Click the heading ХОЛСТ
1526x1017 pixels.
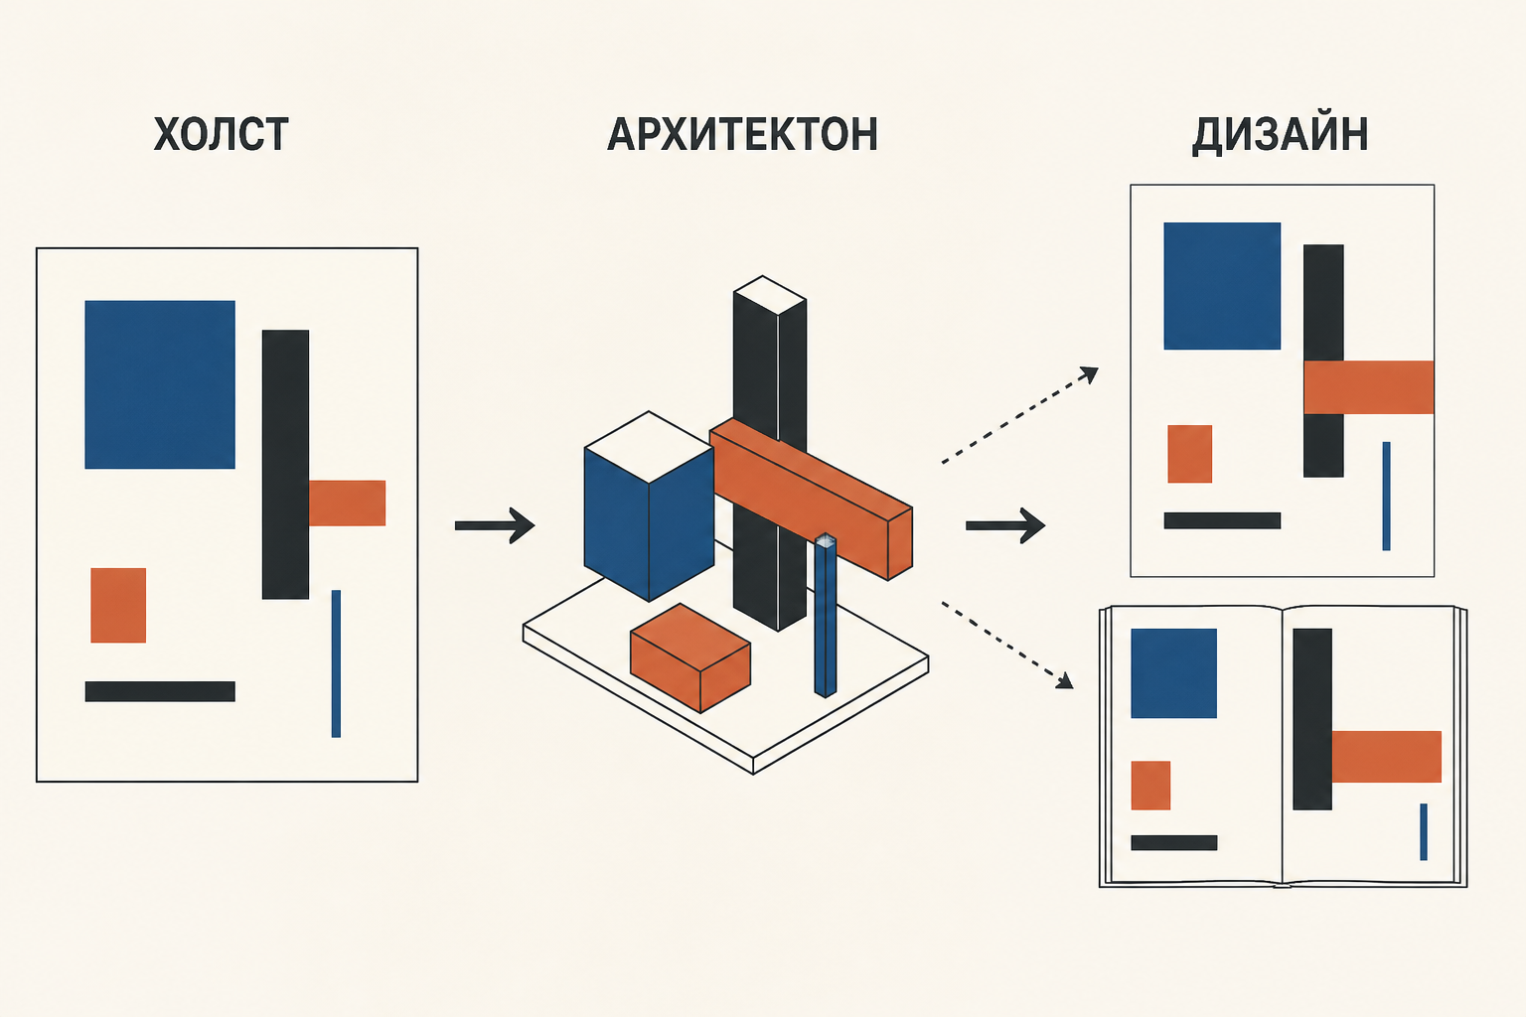click(222, 134)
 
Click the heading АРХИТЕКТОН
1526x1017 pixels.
click(742, 134)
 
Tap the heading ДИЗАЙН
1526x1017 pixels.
click(1280, 134)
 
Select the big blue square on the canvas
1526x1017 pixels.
click(160, 385)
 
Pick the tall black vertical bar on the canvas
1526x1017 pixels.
click(285, 465)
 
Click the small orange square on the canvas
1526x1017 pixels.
click(118, 605)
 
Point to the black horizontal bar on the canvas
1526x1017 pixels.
click(160, 691)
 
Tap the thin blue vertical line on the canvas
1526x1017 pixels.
click(336, 663)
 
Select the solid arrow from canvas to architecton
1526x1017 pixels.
click(495, 525)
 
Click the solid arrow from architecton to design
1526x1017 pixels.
click(1005, 525)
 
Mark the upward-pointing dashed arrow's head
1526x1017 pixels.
click(1089, 373)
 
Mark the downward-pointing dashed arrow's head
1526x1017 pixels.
click(1064, 680)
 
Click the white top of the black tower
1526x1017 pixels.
click(770, 295)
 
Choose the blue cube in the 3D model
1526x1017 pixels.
click(649, 507)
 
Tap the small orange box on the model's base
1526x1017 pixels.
click(690, 658)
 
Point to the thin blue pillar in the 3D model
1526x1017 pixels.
click(826, 615)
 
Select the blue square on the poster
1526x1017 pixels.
click(1222, 286)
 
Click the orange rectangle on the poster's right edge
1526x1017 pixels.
click(1369, 387)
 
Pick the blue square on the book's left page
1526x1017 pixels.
click(1173, 673)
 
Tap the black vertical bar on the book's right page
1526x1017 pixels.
click(1312, 719)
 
